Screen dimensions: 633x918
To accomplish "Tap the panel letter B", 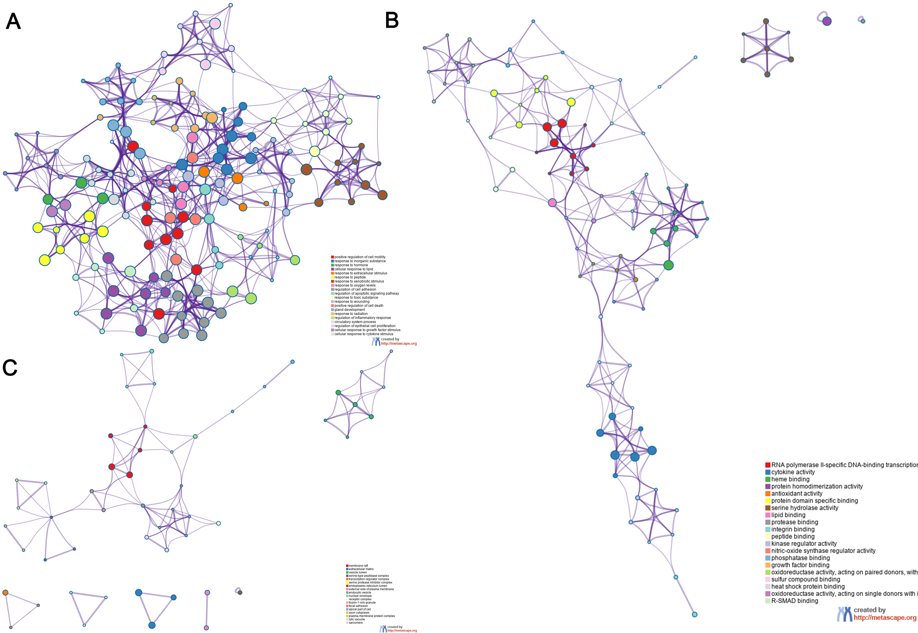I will click(392, 20).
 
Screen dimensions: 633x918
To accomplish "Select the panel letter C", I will click(10, 368).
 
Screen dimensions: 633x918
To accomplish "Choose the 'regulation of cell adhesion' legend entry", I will click(355, 289).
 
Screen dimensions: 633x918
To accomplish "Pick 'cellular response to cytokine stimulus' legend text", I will click(363, 334).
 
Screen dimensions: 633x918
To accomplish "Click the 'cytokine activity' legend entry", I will click(793, 472).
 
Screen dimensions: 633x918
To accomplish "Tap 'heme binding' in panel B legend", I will click(790, 479).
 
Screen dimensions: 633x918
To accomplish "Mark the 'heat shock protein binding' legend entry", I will click(807, 587).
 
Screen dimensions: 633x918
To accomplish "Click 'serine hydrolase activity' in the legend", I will click(804, 508).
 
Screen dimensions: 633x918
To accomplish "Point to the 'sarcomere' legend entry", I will click(355, 623).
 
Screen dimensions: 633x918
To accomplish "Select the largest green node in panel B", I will click(668, 265).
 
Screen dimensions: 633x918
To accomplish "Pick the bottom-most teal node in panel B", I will click(694, 614).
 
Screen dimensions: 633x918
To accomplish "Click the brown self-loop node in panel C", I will click(240, 592).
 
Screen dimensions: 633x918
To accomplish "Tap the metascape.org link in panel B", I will click(885, 618).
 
